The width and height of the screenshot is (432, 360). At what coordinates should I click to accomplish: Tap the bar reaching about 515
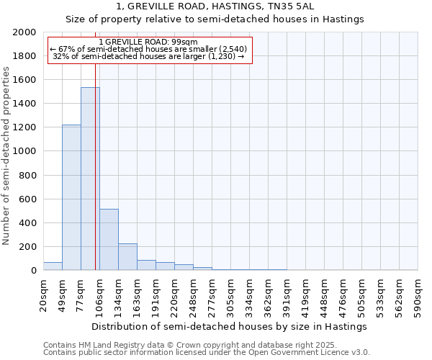[109, 239]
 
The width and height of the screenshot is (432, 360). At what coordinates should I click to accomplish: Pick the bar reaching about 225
[127, 256]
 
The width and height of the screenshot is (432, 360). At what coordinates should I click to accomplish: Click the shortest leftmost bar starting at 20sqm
[53, 266]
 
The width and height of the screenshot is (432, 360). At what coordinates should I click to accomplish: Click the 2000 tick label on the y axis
[25, 32]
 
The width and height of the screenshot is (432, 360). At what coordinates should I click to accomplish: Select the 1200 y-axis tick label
[25, 127]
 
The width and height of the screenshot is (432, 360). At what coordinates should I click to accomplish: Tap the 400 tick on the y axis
[28, 223]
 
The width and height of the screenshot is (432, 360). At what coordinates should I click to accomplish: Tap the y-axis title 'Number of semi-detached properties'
[6, 156]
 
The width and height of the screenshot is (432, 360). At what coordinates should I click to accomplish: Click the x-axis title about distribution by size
[230, 326]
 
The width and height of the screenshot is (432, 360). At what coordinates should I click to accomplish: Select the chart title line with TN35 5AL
[215, 6]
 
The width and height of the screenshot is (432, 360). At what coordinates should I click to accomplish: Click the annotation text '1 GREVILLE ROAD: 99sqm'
[148, 42]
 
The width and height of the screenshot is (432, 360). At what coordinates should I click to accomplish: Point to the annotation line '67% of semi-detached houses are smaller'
[148, 49]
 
